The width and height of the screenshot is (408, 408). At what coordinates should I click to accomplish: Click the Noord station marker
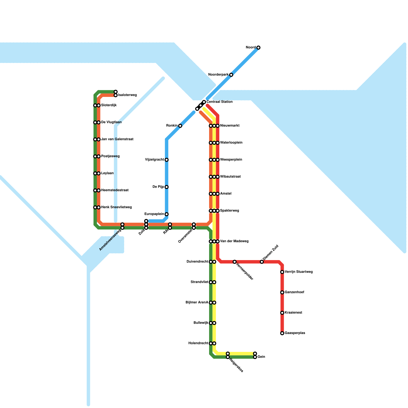pos(258,47)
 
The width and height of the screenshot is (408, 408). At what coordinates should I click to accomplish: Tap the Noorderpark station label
pos(218,75)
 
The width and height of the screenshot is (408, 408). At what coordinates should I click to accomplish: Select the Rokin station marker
pos(180,126)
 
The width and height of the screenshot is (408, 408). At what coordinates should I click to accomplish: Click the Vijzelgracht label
pos(154,160)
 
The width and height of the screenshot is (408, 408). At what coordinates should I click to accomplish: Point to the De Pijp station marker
pos(167,187)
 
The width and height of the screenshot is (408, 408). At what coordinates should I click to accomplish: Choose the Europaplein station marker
pos(167,214)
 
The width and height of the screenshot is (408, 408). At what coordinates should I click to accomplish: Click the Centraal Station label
pos(219,102)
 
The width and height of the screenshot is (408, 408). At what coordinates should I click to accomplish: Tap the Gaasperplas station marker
pos(282,333)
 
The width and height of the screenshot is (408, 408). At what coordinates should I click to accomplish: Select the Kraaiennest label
pos(293,313)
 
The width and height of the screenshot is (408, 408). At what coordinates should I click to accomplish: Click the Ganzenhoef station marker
pos(282,292)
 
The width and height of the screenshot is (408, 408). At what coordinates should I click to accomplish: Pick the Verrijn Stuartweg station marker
pos(282,272)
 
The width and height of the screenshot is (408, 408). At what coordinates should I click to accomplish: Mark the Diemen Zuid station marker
pos(262,262)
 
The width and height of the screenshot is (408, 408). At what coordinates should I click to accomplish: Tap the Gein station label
pos(261,357)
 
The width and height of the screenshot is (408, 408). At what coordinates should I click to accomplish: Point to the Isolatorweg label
pos(127,95)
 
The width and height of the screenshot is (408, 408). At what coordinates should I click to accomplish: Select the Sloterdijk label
pos(109,105)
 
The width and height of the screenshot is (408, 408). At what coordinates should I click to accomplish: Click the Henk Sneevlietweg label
pos(116,207)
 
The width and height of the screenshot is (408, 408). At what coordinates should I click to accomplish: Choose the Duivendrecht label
pos(197,262)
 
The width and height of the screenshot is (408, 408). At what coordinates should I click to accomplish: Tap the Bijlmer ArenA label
pos(197,303)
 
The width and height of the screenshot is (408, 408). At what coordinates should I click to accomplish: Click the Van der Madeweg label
pos(234,241)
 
